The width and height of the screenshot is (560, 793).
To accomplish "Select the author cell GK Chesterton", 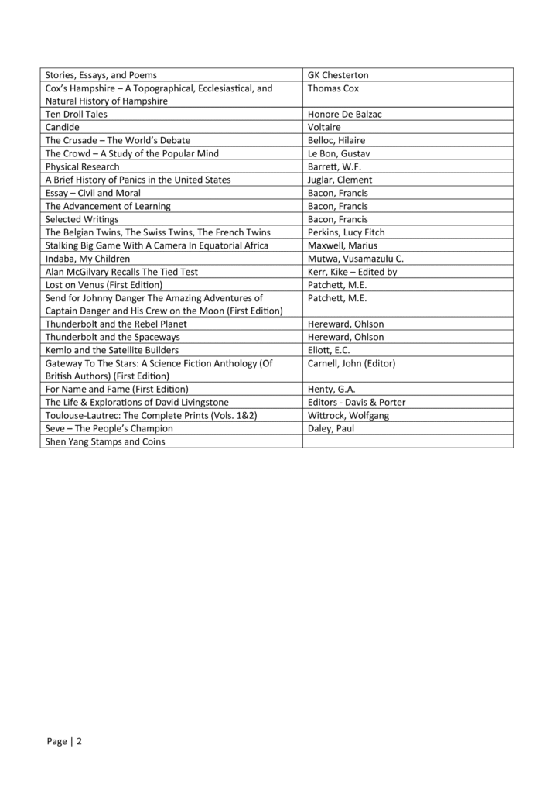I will pos(338,75).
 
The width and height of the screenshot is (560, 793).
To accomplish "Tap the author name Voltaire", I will pos(325,127).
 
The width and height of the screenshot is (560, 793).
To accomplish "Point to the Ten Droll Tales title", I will pos(77,114).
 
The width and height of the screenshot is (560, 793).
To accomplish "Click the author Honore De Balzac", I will pos(345,114).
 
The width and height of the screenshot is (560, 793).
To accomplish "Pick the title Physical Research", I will pos(83,166).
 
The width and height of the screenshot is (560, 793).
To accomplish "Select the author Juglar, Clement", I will pos(340,180).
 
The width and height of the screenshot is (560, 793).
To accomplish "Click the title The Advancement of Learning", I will pos(108,206).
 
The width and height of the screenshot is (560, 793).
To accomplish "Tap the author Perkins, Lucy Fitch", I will pos(346,232).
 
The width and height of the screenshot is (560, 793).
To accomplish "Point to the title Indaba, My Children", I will pos(87,259).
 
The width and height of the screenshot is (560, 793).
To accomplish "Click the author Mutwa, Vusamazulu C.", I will pos(356,259).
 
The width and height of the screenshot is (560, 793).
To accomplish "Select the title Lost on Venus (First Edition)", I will pos(104,285).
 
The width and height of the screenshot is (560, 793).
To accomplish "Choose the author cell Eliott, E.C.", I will pos(329,350).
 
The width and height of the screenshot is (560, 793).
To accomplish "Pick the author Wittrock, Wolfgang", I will pos(348,415).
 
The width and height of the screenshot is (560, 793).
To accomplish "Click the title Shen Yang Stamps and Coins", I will pos(105,441).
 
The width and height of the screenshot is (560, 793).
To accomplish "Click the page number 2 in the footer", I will pos(78,741).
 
